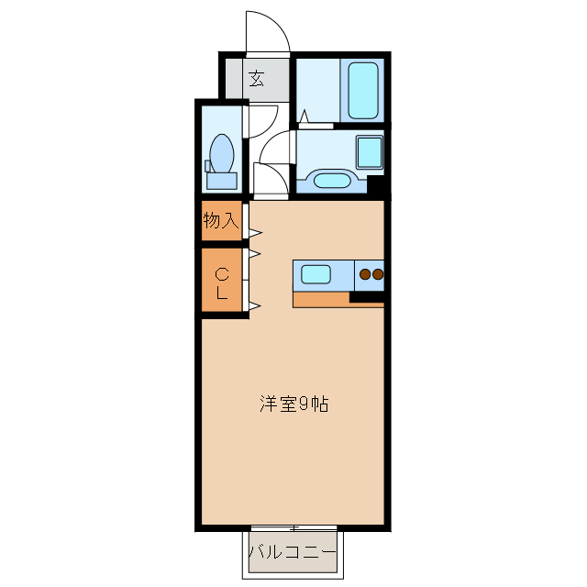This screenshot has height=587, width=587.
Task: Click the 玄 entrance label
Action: click(x=256, y=79)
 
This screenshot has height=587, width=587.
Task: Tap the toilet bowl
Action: click(x=221, y=150)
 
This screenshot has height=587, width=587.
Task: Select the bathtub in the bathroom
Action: click(x=364, y=90)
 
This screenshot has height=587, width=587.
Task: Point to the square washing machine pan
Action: click(x=369, y=151)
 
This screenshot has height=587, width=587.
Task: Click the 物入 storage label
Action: click(x=221, y=220)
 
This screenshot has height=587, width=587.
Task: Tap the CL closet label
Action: click(x=222, y=283)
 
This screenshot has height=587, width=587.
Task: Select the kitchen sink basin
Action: click(x=316, y=274)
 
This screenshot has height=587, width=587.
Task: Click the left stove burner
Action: click(x=364, y=273)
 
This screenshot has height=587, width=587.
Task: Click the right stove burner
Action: click(x=377, y=273)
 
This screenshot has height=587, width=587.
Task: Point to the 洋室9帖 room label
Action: click(x=293, y=404)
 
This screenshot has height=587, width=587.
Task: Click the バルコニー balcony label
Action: click(x=293, y=553)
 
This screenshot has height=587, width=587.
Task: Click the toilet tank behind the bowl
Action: click(x=221, y=179)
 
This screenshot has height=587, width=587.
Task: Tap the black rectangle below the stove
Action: click(x=366, y=296)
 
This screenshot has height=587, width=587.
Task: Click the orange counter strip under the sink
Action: click(x=321, y=298)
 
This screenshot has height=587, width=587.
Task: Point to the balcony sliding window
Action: click(x=293, y=528)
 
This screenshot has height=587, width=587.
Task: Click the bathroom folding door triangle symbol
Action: click(x=304, y=116)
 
